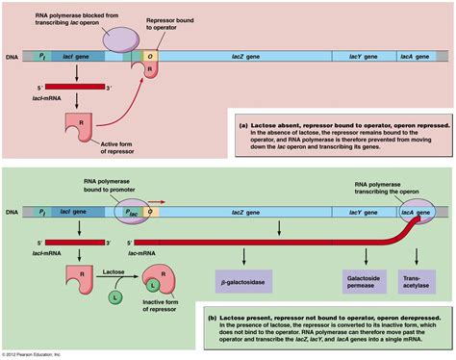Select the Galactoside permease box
coord(360,280)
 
